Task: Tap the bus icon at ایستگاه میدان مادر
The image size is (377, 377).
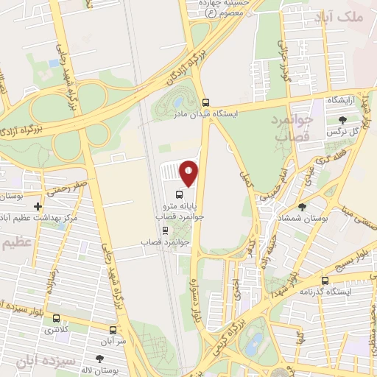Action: [205, 103]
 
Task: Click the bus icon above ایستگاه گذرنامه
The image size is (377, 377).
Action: [325, 281]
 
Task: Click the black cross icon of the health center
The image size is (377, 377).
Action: [38, 207]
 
